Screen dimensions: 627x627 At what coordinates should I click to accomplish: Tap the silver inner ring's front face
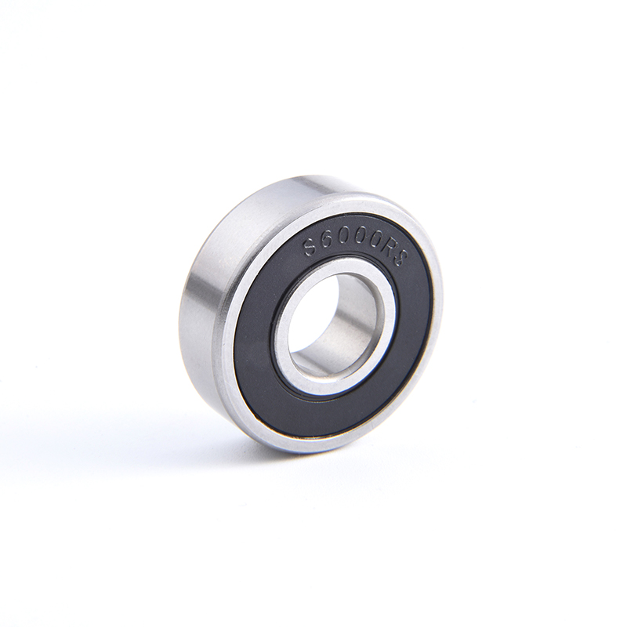tap(280, 352)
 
